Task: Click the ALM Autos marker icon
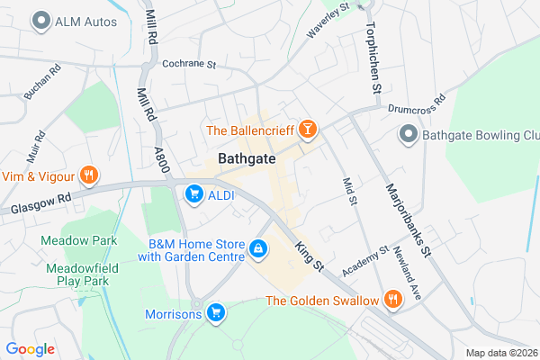(40, 20)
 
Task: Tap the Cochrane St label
(191, 64)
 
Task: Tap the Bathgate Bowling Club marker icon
(408, 135)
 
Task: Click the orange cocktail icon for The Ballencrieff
(308, 131)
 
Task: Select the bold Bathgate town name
(246, 160)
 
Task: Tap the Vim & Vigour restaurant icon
(88, 175)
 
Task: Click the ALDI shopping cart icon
(193, 193)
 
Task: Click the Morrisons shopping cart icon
(215, 313)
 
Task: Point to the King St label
(309, 255)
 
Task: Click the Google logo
(30, 348)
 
